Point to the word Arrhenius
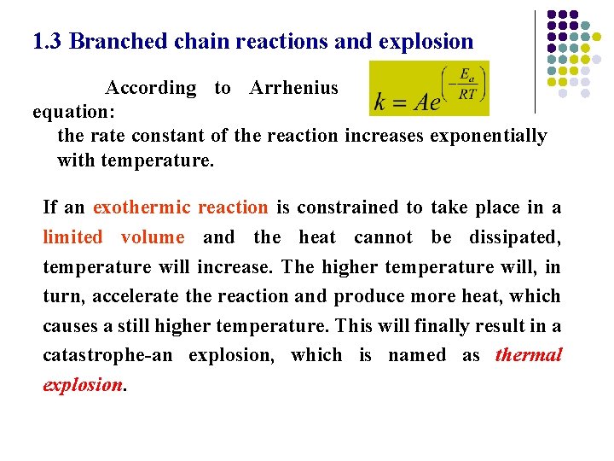pyautogui.click(x=293, y=88)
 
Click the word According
pyautogui.click(x=150, y=88)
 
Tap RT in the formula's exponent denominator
pyautogui.click(x=466, y=95)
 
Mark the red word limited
pyautogui.click(x=72, y=237)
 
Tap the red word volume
pyautogui.click(x=153, y=237)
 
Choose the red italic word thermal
pyautogui.click(x=528, y=355)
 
